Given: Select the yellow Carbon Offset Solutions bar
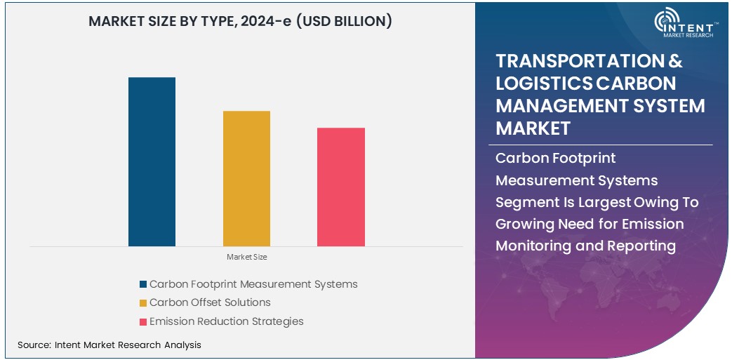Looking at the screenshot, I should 246,178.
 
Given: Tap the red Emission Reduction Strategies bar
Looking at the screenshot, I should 341,187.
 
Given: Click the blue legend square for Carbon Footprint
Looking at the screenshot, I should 143,284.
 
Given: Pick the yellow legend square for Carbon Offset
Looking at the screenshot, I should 143,303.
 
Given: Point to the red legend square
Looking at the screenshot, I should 143,322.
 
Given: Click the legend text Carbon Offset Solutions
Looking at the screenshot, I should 210,302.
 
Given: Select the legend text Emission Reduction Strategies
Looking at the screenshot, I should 226,321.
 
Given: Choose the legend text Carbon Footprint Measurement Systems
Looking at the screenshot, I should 253,284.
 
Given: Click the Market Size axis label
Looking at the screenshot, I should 246,258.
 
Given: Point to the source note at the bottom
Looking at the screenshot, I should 109,345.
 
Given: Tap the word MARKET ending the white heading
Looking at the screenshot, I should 533,128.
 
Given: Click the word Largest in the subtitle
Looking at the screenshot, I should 606,203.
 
